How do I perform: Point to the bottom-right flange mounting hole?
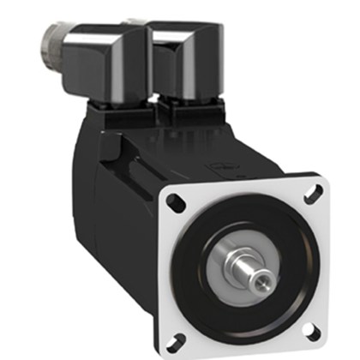(x=312, y=329)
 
